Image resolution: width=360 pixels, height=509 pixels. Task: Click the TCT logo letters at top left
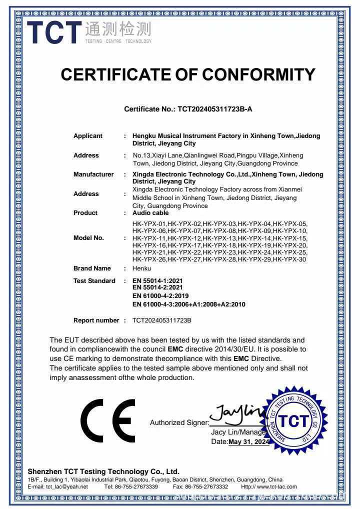pyautogui.click(x=53, y=32)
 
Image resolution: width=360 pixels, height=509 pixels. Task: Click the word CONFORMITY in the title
pyautogui.click(x=258, y=74)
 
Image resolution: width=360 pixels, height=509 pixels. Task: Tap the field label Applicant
pyautogui.click(x=88, y=136)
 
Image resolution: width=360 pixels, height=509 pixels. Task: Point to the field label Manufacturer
pyautogui.click(x=93, y=174)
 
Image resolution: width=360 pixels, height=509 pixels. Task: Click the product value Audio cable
pyautogui.click(x=150, y=213)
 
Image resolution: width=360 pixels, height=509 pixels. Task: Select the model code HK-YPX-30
pyautogui.click(x=290, y=259)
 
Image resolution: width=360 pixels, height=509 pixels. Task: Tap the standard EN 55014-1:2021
pyautogui.click(x=157, y=281)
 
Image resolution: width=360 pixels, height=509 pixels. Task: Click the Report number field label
pyautogui.click(x=96, y=320)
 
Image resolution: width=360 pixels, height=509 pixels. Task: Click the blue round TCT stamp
pyautogui.click(x=293, y=421)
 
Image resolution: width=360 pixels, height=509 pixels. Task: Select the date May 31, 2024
pyautogui.click(x=249, y=442)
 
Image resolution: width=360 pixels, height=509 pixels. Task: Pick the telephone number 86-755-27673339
pyautogui.click(x=138, y=486)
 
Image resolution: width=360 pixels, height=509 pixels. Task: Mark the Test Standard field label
pyautogui.click(x=94, y=281)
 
